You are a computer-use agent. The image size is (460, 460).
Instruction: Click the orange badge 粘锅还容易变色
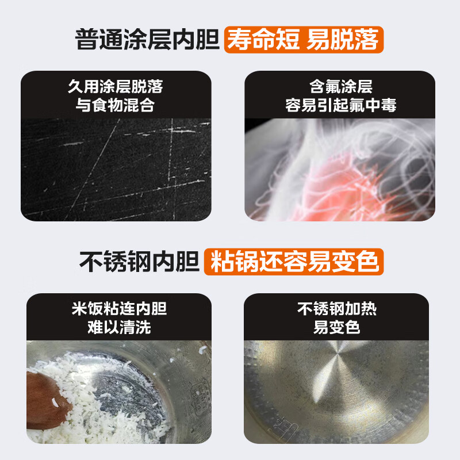click(x=294, y=262)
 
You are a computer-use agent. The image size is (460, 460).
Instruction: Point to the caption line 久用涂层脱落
click(x=116, y=87)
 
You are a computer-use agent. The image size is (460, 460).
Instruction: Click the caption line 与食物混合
click(x=116, y=105)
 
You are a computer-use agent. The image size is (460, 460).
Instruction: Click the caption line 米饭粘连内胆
click(x=119, y=309)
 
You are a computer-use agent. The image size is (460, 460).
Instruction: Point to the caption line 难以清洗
click(x=119, y=328)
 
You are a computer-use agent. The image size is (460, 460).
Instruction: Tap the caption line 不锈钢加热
click(x=336, y=309)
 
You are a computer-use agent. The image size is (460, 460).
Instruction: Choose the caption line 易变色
click(x=336, y=328)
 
